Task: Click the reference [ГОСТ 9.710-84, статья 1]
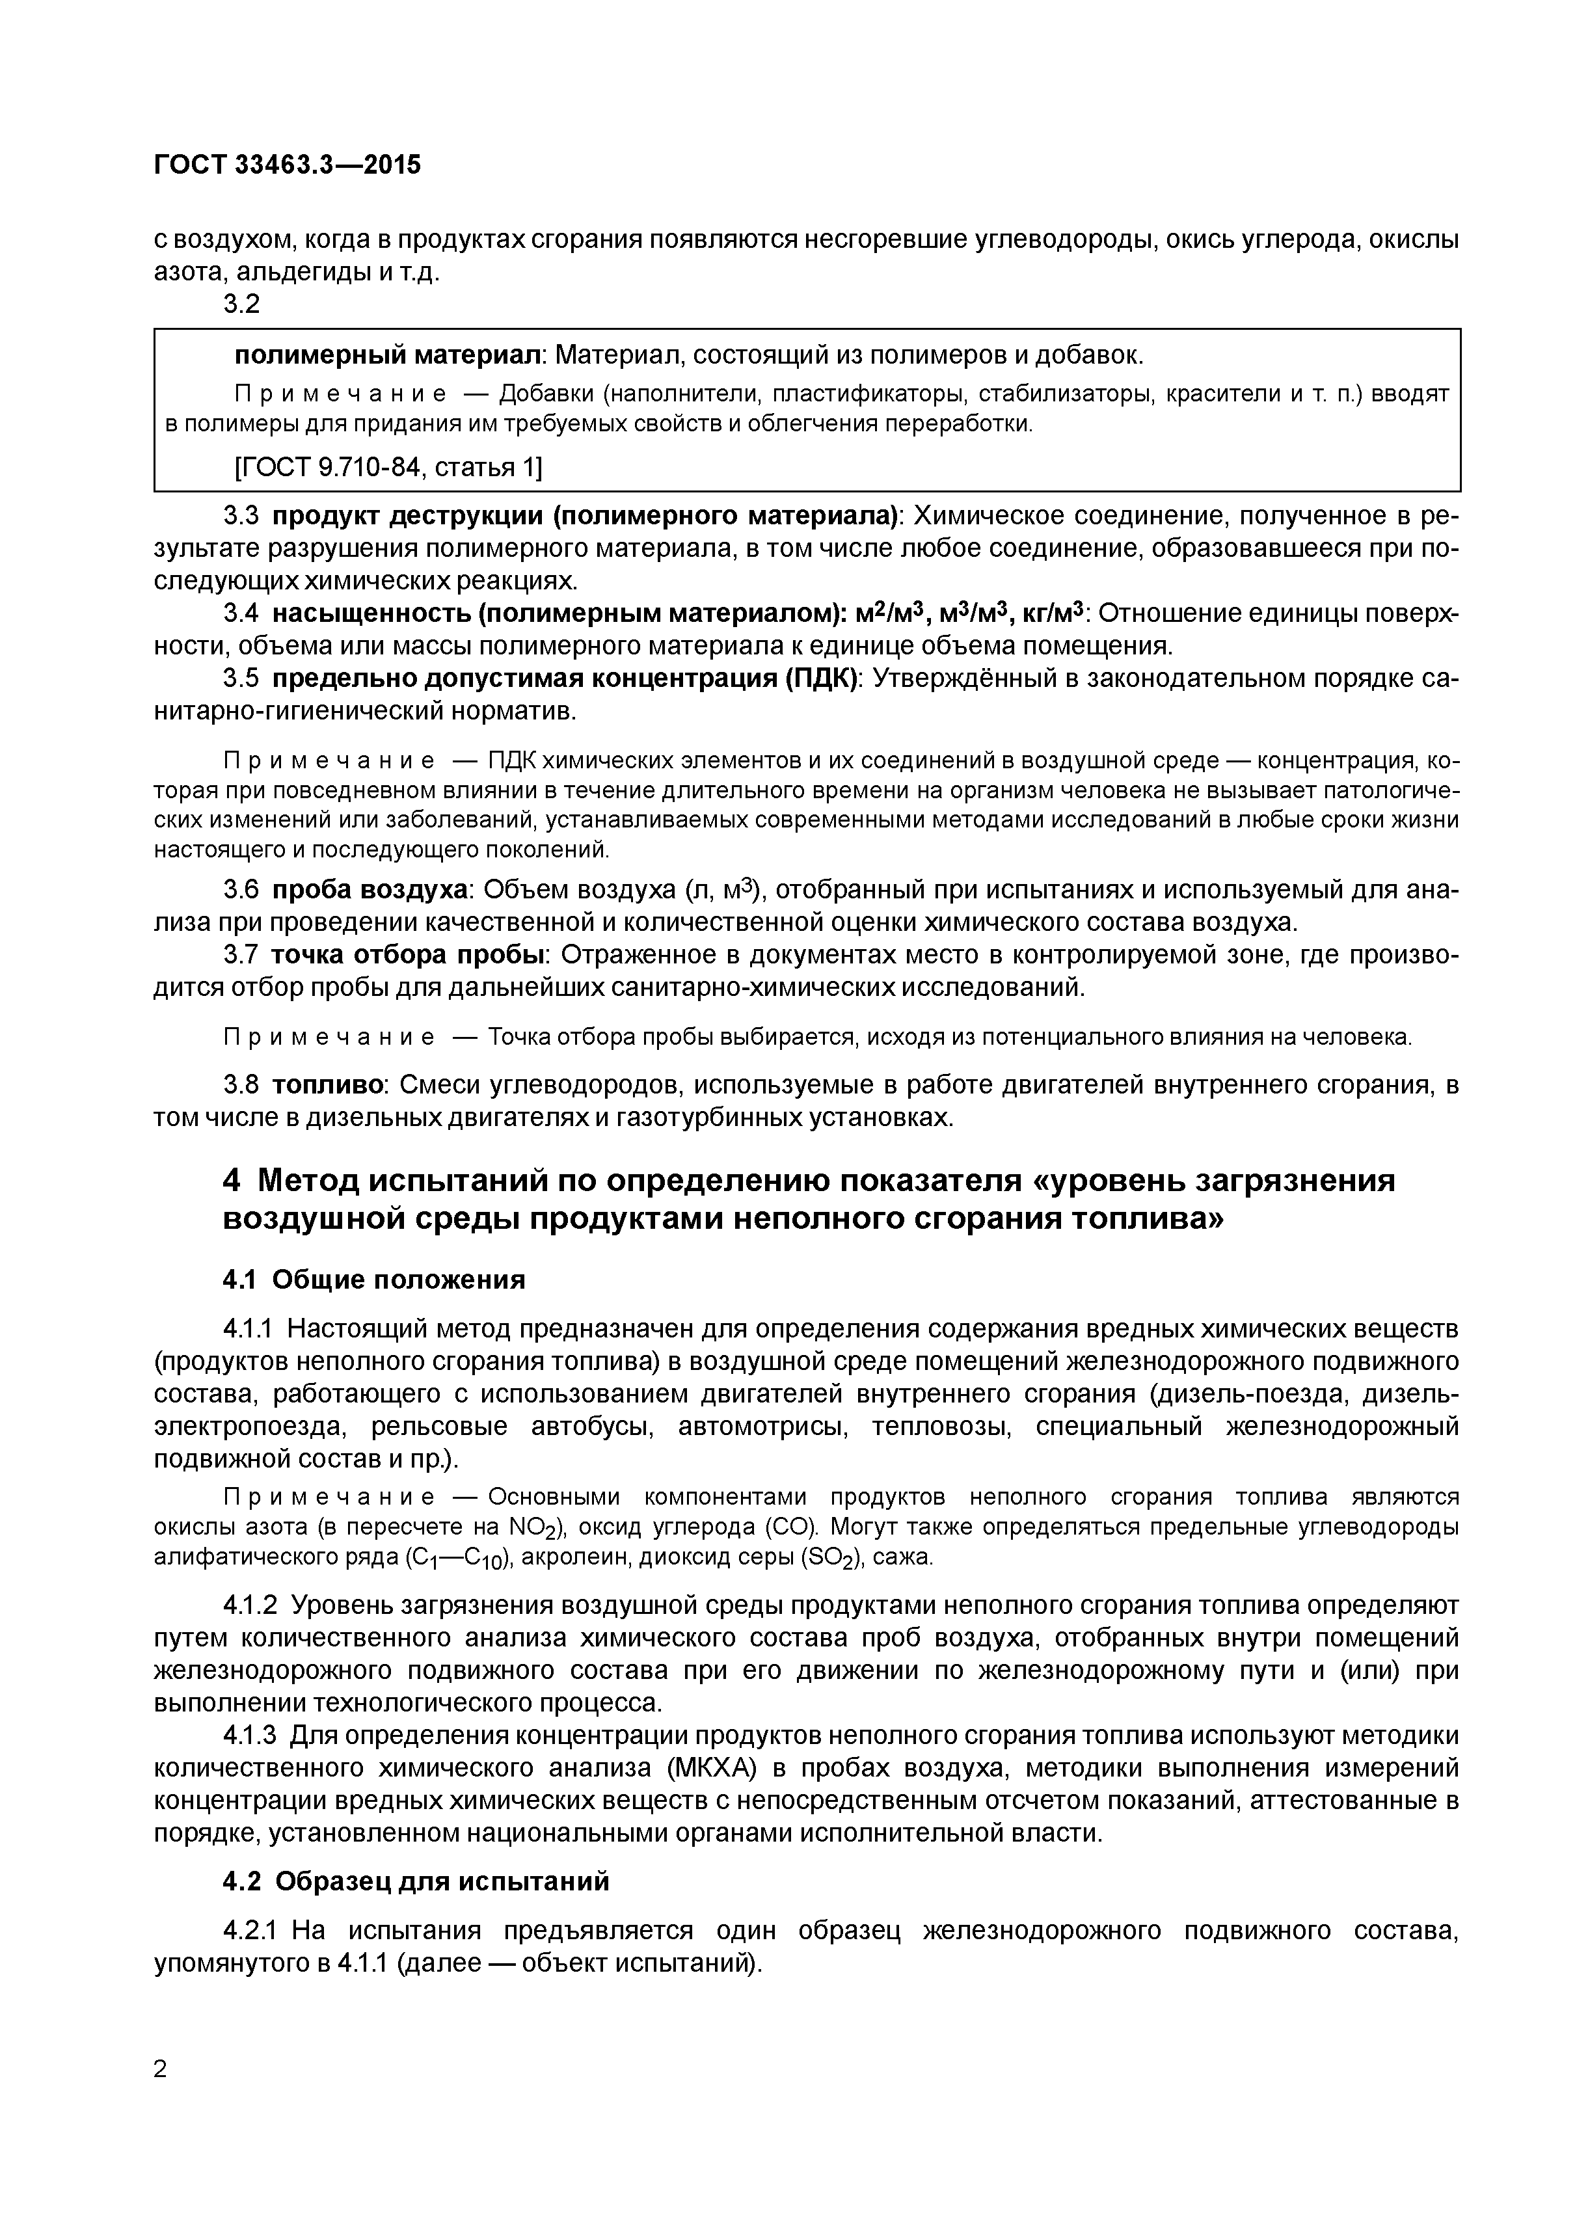click(388, 468)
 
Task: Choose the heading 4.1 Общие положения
click(373, 1280)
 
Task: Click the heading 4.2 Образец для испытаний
click(416, 1881)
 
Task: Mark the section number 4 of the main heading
click(231, 1181)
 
